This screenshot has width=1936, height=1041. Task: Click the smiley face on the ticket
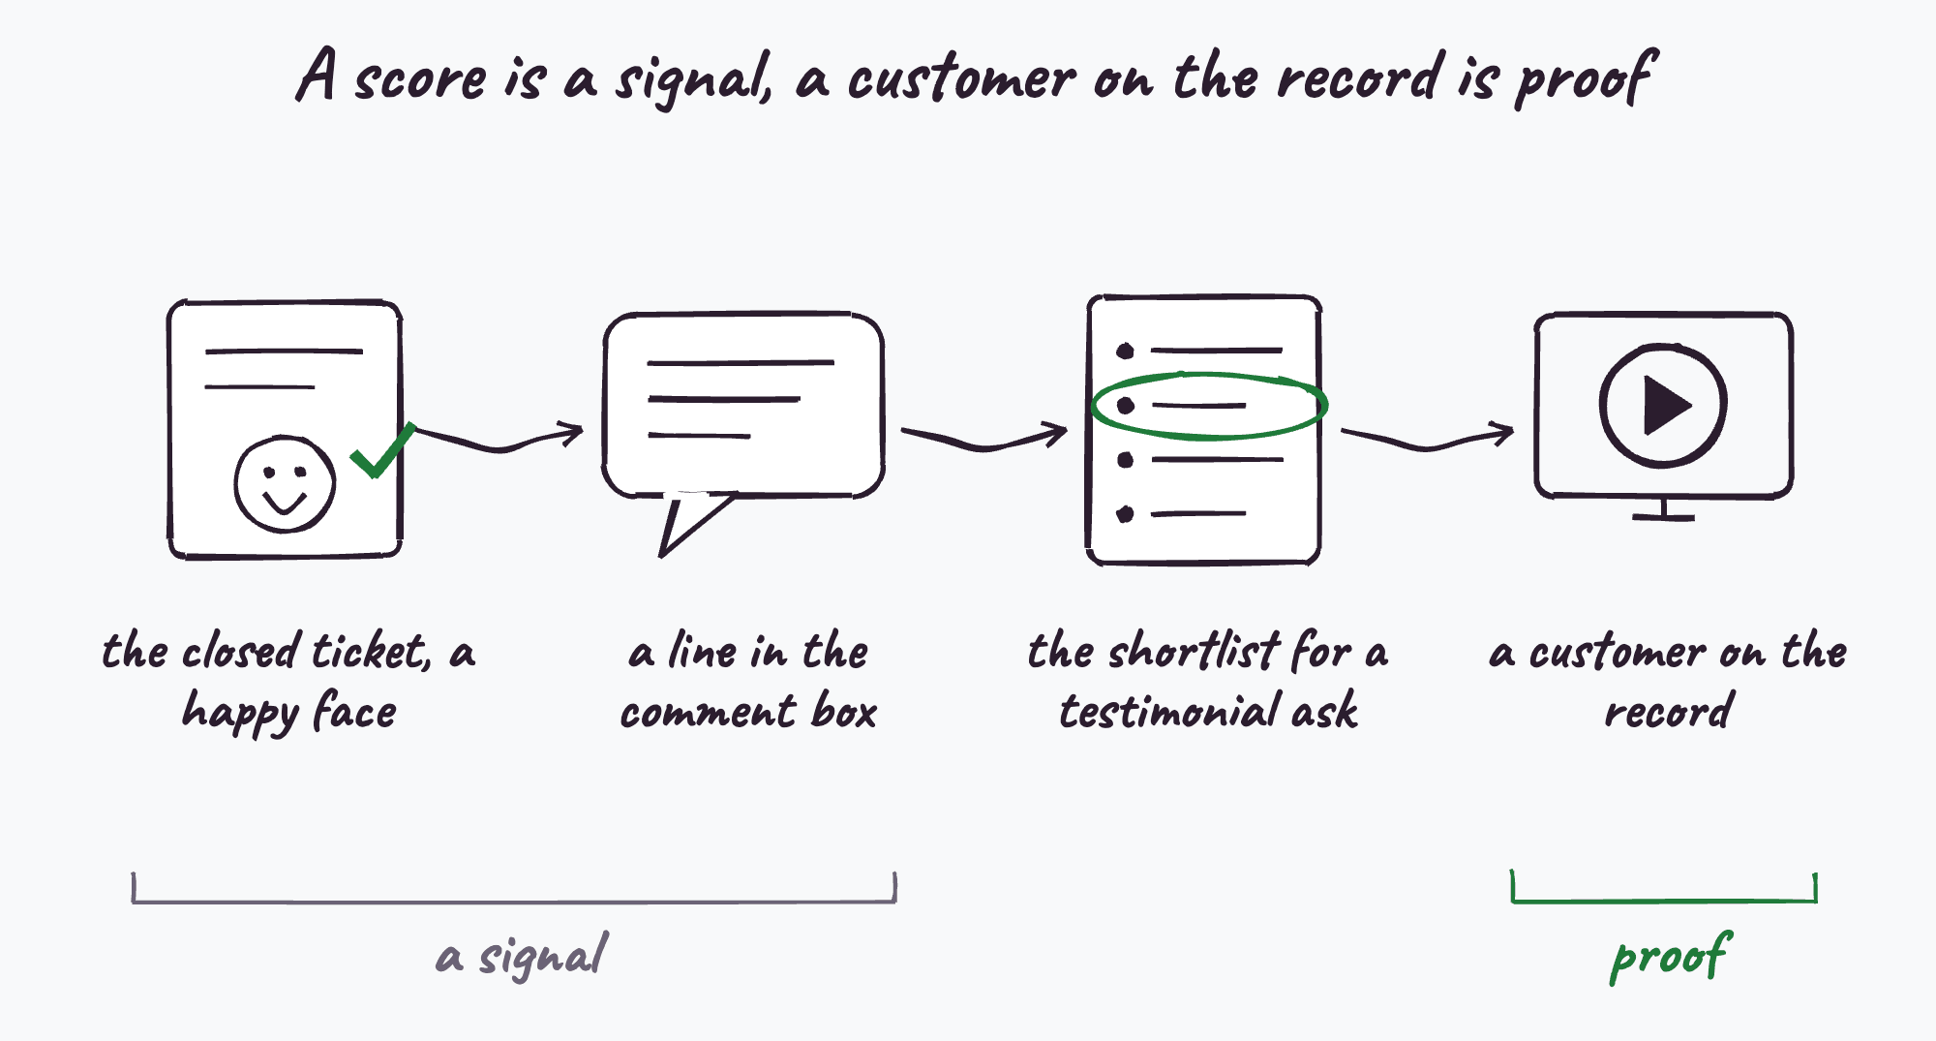pos(285,483)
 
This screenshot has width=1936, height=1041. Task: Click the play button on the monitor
pos(1663,405)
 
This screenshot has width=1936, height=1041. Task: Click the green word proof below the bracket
pos(1671,957)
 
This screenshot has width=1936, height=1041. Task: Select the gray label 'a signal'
pos(523,957)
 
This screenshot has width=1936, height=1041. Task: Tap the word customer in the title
pos(961,77)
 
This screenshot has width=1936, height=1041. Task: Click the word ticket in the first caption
pos(371,651)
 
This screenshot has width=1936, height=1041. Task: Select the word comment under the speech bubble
pos(709,714)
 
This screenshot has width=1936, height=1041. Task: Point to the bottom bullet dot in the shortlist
pos(1125,514)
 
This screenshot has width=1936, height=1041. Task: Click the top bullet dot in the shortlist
pos(1125,351)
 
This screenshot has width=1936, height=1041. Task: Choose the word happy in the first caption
pos(241,714)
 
